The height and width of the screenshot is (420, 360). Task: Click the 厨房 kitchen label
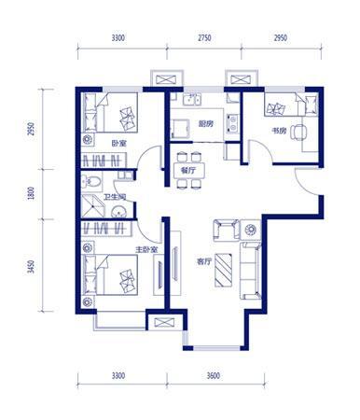(206, 124)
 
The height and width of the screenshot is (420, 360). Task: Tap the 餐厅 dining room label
(187, 170)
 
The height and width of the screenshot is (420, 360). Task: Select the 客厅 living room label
(203, 262)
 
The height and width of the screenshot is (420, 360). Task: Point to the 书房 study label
(279, 131)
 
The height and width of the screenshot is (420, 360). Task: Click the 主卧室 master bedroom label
(146, 250)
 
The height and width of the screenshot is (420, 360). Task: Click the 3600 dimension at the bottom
(214, 376)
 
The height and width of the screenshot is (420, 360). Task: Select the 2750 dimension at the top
(204, 38)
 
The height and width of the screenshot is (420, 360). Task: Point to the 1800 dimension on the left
(31, 193)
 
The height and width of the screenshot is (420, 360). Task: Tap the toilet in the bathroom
(91, 181)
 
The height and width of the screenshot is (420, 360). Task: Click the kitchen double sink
(192, 100)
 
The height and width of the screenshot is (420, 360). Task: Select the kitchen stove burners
(232, 122)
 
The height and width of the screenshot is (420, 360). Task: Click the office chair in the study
(298, 133)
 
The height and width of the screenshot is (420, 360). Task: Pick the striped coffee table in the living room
(224, 270)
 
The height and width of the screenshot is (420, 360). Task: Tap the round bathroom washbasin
(118, 211)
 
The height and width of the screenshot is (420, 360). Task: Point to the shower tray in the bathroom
(92, 206)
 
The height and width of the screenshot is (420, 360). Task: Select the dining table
(189, 171)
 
